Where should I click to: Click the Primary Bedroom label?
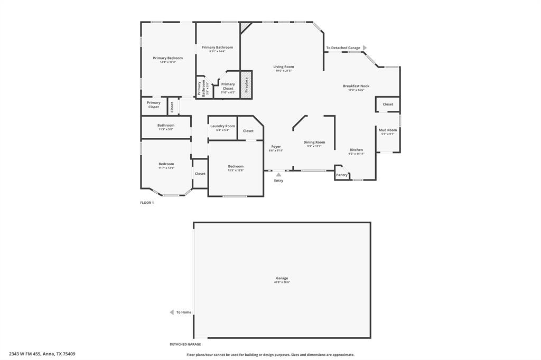coord(167,58)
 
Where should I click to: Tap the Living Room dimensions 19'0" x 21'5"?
coord(284,71)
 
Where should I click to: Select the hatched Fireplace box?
coord(246,85)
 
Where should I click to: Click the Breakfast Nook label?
coord(356,86)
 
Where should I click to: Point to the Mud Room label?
coord(388,130)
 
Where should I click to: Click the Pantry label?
coord(342,175)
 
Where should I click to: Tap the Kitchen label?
coord(356,150)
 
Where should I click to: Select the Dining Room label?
coord(314,142)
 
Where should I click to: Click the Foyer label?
coord(276,146)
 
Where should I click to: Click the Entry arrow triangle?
coord(278,175)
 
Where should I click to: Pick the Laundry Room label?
coord(222,126)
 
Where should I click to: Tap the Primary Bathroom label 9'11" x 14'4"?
coord(217,48)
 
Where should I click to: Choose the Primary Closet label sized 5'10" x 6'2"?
coord(228,84)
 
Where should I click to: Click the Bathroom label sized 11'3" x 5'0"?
coord(165,125)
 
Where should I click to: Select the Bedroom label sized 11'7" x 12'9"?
coord(166,164)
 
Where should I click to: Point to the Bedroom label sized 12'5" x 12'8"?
coord(236,166)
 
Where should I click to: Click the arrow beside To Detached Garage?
coord(365,48)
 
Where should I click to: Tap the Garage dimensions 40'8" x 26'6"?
coord(282,282)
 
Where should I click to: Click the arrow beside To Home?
coord(172,312)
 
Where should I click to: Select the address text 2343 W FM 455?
coord(25,354)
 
